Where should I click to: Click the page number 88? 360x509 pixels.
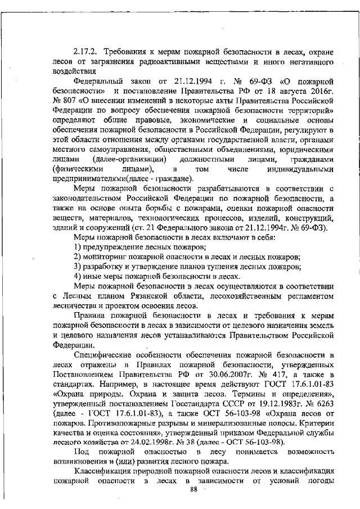pos(195,490)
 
